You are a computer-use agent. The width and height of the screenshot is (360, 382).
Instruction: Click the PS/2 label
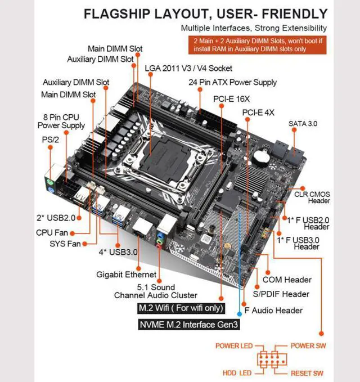49,138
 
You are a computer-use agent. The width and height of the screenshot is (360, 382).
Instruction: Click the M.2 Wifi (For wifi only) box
181,308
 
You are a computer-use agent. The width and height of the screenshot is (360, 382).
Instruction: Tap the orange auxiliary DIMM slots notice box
258,46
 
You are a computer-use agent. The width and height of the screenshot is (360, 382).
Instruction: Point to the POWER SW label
308,345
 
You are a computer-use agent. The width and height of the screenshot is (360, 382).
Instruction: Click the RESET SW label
307,373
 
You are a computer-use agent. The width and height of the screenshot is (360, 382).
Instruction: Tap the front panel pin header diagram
271,359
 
